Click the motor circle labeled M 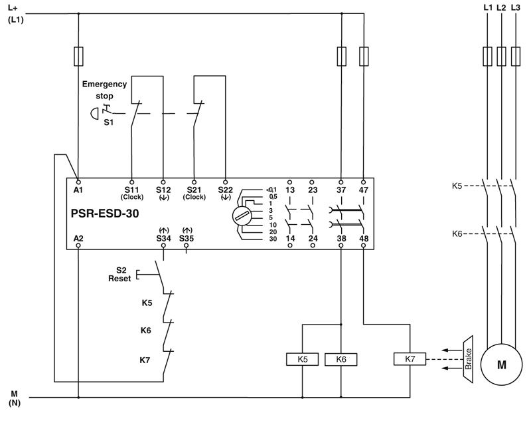[x=501, y=364]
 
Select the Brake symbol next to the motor [x=467, y=359]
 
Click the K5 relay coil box [x=303, y=359]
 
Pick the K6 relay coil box [x=341, y=359]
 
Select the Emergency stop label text [x=104, y=90]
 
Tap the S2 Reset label [x=120, y=274]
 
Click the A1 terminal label [x=79, y=190]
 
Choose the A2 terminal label [x=79, y=237]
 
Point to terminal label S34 [x=163, y=237]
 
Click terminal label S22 [x=226, y=190]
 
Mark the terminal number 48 [x=363, y=237]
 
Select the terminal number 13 [x=290, y=190]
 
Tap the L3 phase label [x=516, y=7]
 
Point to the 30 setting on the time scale [x=273, y=238]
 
